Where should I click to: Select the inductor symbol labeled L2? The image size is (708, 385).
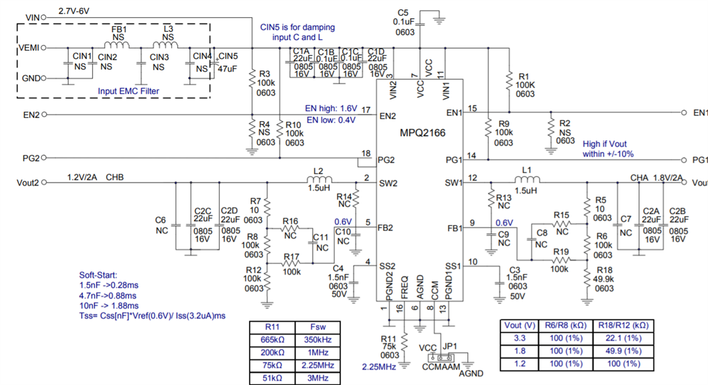[319, 180]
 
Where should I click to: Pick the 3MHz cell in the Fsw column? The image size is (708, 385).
[317, 378]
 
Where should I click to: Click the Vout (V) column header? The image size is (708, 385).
[519, 325]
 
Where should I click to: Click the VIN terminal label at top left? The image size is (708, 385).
[33, 18]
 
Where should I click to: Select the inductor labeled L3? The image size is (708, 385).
[168, 45]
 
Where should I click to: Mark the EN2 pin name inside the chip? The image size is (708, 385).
[388, 116]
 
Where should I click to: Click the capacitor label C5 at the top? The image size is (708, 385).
[403, 12]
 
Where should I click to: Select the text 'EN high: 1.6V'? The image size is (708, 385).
[331, 109]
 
